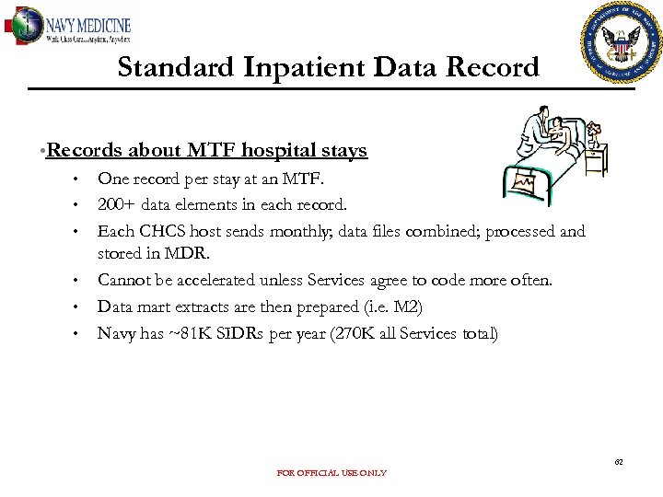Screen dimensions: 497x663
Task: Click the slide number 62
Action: [x=620, y=461]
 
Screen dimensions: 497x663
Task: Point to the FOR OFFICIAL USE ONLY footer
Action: [x=331, y=473]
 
